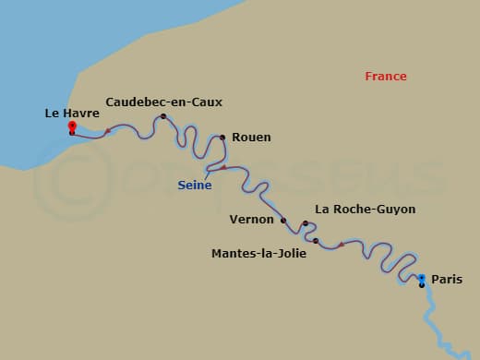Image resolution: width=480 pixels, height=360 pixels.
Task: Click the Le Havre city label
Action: (x=72, y=113)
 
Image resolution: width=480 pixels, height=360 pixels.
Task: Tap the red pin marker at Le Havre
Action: (x=72, y=127)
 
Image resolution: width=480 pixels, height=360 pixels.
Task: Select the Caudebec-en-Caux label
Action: (x=164, y=102)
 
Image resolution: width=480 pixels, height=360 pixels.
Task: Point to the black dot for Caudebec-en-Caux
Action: (x=163, y=116)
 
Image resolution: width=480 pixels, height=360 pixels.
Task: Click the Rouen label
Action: (x=251, y=137)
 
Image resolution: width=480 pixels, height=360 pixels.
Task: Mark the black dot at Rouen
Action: (x=222, y=138)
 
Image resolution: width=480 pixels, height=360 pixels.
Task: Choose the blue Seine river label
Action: (x=195, y=185)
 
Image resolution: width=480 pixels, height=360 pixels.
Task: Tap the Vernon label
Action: (x=251, y=220)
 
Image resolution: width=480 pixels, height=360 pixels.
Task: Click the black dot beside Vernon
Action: (x=283, y=221)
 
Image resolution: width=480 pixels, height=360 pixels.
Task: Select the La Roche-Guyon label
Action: (x=366, y=210)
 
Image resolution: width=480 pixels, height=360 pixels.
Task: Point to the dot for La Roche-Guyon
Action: (x=306, y=223)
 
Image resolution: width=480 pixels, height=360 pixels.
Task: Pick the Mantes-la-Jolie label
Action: (x=258, y=252)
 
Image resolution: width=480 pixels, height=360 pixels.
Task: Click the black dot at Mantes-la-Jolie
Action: (x=316, y=241)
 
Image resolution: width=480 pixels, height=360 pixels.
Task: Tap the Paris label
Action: (x=447, y=279)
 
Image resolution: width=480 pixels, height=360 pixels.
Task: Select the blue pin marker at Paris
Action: (x=422, y=278)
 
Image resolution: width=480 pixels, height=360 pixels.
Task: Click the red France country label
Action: (x=386, y=77)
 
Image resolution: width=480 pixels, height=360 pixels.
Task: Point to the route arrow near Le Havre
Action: (x=108, y=131)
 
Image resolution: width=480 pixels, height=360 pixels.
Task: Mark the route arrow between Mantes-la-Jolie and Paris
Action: (x=342, y=245)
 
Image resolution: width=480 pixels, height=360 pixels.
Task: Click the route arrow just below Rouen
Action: (x=222, y=167)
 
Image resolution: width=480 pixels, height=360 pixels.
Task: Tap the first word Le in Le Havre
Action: (x=52, y=113)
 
